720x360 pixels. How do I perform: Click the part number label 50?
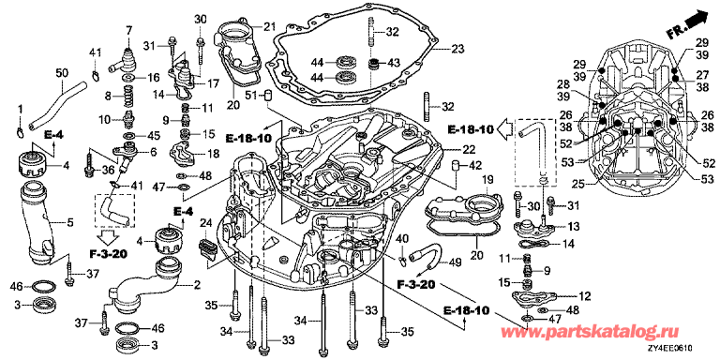point(62,72)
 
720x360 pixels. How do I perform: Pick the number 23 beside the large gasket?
point(457,49)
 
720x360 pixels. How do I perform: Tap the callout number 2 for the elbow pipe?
point(197,286)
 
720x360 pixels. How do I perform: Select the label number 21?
point(269,25)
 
